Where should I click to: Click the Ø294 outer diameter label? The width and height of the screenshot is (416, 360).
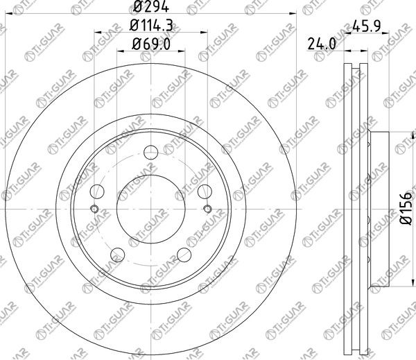pos(150,6)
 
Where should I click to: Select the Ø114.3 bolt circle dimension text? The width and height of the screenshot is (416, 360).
pos(151,26)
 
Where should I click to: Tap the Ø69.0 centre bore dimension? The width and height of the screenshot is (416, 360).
pos(151,44)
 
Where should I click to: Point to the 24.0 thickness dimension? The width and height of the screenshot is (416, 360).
pos(322,44)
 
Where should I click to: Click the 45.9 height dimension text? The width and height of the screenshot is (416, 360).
pos(367,26)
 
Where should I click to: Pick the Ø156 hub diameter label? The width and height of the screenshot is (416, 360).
pos(406,209)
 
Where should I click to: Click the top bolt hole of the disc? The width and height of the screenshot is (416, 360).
pos(151,153)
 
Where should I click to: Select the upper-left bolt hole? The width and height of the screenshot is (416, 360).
pos(97,191)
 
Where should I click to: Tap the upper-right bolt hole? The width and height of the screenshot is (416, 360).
pos(205,191)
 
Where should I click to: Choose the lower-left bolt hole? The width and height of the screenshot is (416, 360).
pos(118,255)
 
